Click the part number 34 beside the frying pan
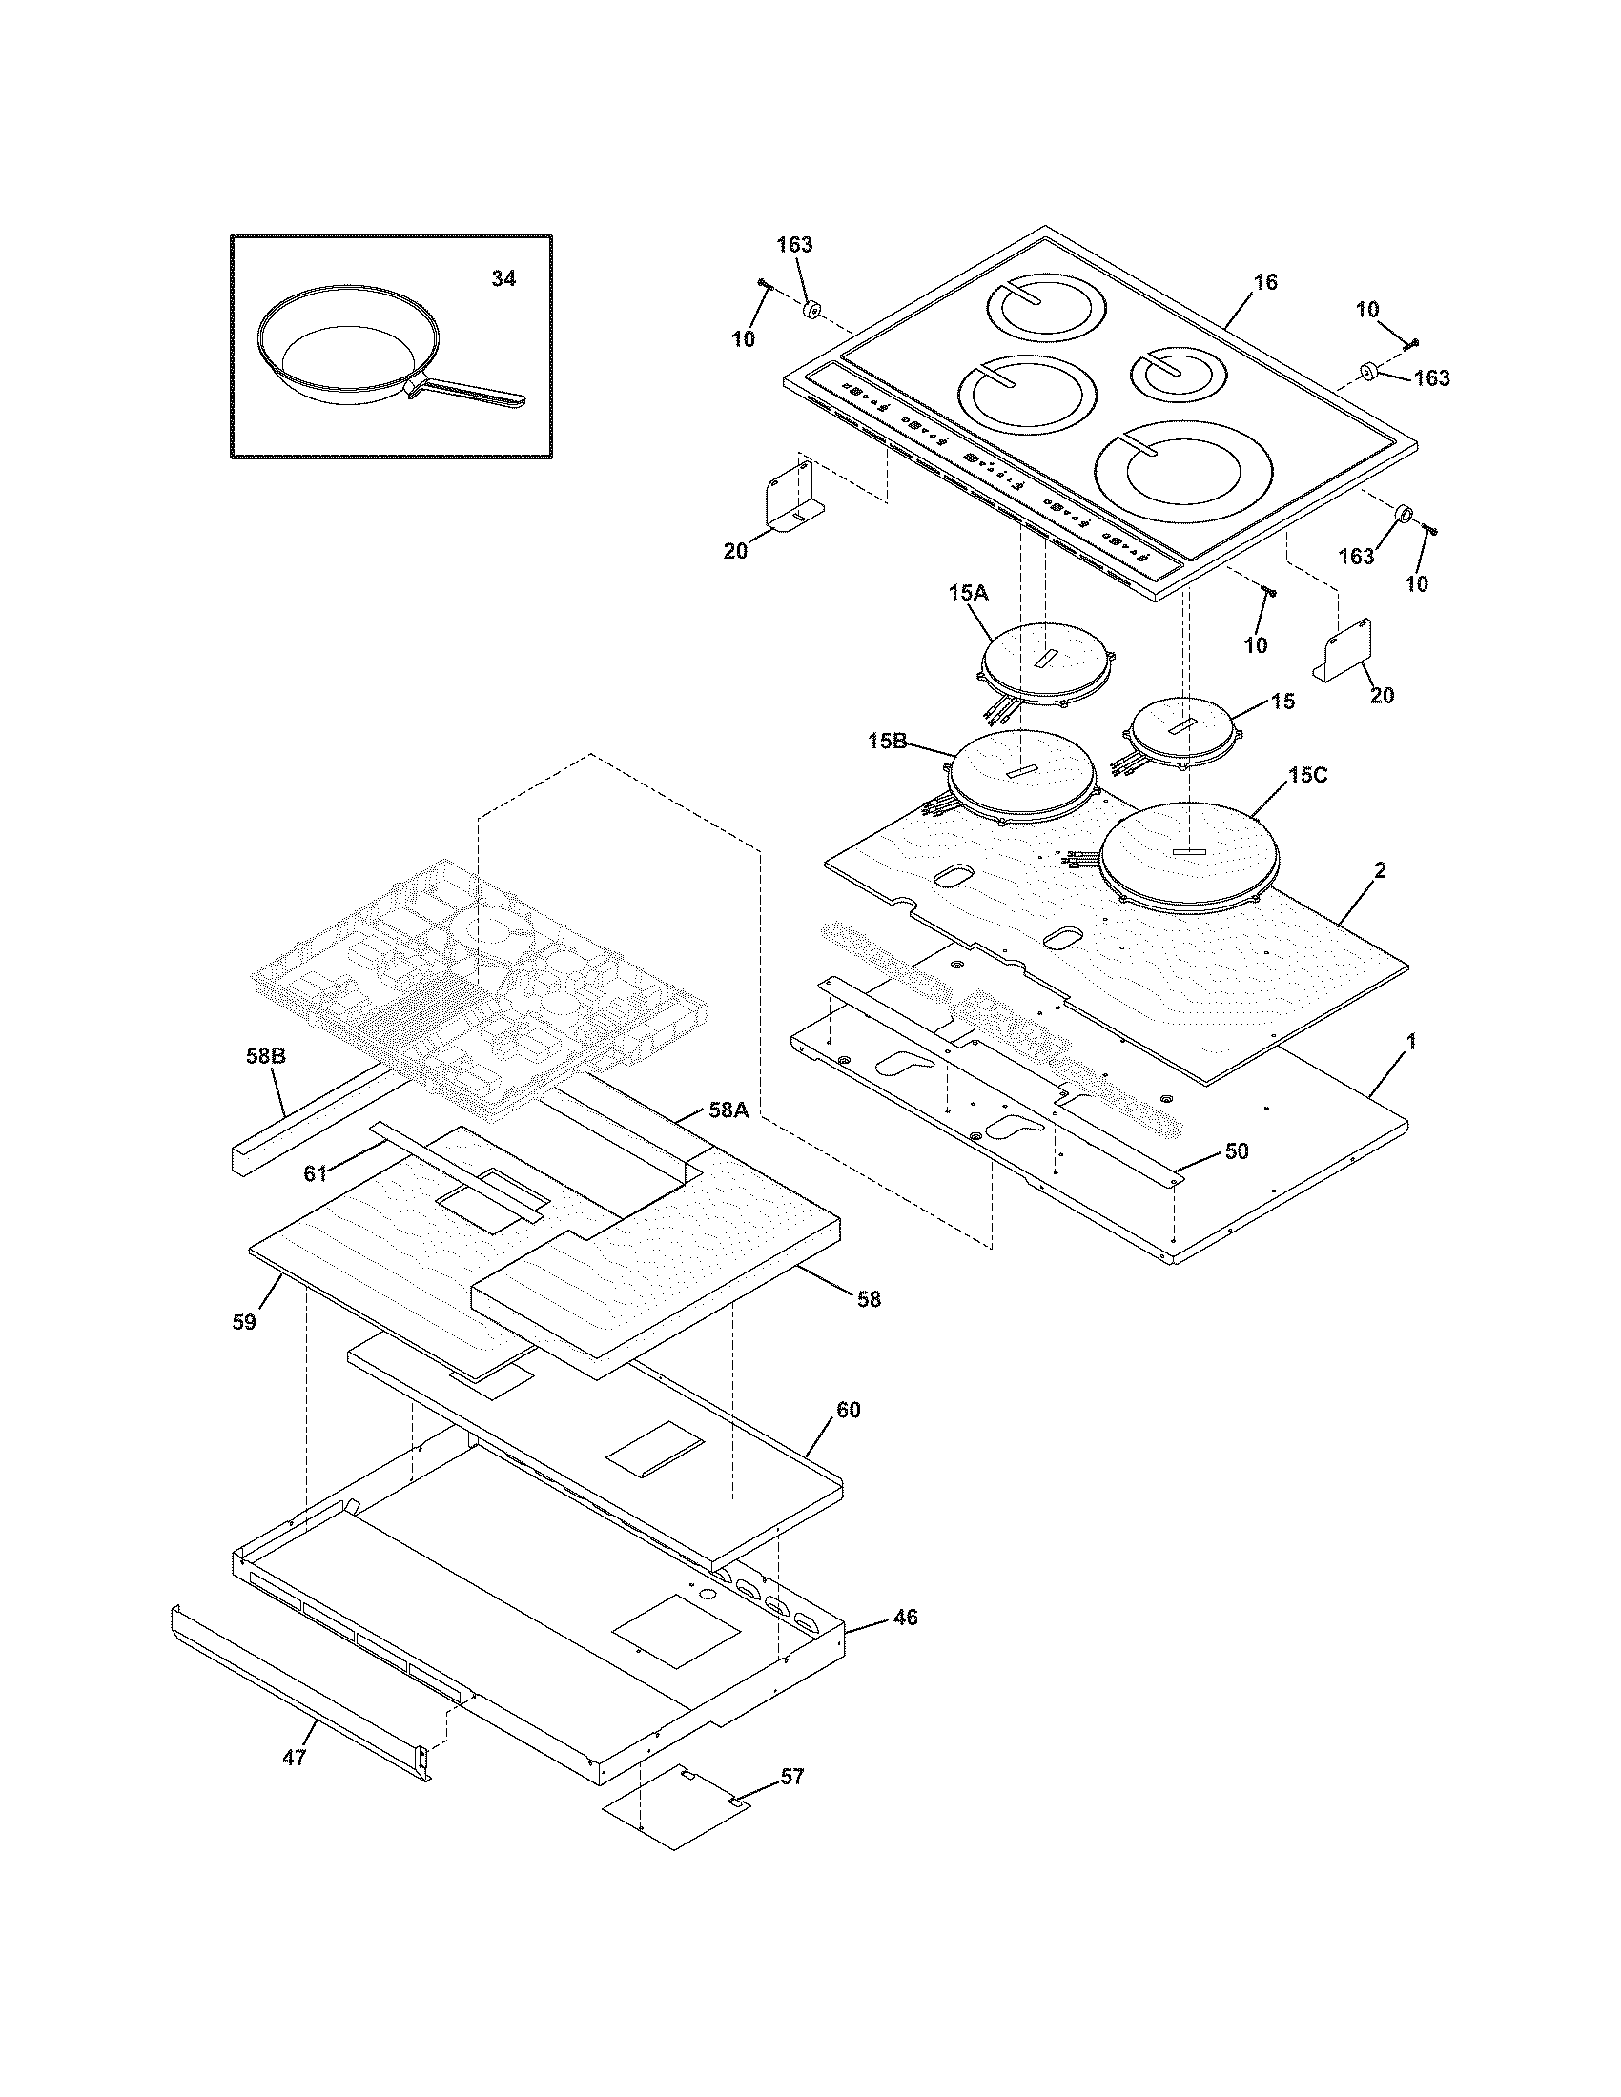[x=503, y=278]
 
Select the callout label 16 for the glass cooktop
[x=1265, y=281]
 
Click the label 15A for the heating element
[x=968, y=594]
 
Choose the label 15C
[x=1307, y=775]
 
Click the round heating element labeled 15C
[x=1187, y=855]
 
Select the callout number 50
[x=1237, y=1150]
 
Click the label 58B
[x=265, y=1057]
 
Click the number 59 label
[x=244, y=1321]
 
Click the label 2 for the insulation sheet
[x=1379, y=871]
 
